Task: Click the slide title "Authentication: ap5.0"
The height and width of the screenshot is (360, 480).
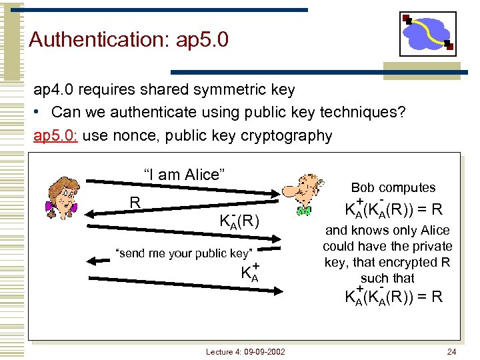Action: coord(129,39)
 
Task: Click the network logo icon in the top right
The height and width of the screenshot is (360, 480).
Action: coord(427,33)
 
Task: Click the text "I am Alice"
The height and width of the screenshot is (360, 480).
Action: coord(185,175)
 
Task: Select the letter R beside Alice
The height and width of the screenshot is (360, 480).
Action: coord(135,201)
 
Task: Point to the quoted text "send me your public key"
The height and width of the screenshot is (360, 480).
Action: coord(194,253)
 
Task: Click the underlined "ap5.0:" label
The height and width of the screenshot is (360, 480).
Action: coord(57,136)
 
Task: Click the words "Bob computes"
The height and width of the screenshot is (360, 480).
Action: coord(393,188)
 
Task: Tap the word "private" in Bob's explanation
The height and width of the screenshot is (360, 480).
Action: coord(427,246)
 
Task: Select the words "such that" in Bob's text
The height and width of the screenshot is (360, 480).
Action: coord(387,278)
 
